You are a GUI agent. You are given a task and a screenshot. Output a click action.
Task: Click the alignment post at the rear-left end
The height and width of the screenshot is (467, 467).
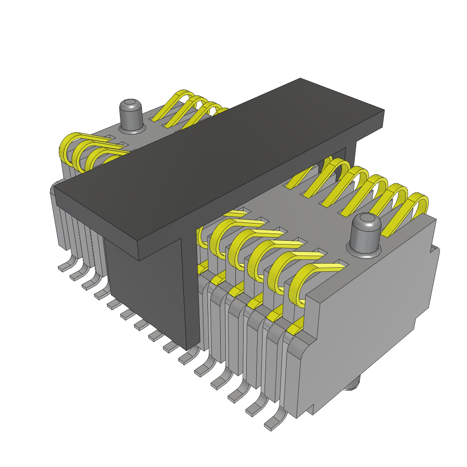tap(131, 116)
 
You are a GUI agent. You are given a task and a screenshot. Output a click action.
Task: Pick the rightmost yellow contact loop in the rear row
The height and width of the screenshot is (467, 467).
tap(417, 208)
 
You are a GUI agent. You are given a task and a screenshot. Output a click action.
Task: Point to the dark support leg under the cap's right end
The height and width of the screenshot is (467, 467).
tap(351, 150)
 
